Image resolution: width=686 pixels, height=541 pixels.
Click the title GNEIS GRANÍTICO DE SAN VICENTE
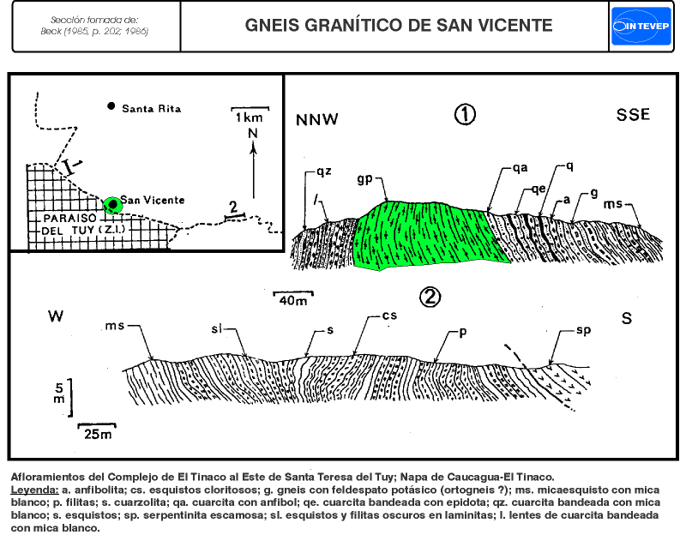coord(398,25)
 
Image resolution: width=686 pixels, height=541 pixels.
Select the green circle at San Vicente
coord(111,204)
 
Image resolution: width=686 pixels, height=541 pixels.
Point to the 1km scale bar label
coord(250,116)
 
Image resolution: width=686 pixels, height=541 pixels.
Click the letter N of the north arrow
coord(252,134)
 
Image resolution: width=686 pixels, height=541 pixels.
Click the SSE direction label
coord(633,116)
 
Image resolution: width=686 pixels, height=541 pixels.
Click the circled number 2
coord(430,297)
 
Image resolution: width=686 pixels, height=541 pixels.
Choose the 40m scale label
coord(292,301)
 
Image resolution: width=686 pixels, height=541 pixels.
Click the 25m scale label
coord(95,434)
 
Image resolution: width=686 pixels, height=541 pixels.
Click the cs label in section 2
coord(389,316)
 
